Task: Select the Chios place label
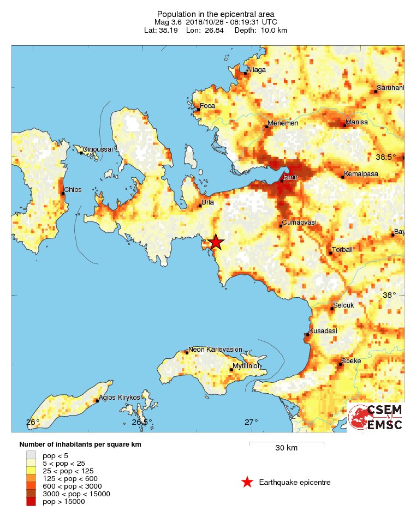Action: coord(73,190)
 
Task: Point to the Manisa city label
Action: coord(357,122)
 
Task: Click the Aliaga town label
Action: coord(257,70)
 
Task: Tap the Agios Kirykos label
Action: coord(120,398)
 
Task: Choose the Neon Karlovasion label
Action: coord(215,349)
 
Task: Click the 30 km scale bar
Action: coord(286,442)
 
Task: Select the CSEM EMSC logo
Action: coord(376,418)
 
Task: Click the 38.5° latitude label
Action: coord(386,157)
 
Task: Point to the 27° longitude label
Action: coord(251,422)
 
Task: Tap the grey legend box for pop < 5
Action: coord(31,455)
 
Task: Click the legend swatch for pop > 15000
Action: coord(31,501)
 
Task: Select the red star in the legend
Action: coord(247,482)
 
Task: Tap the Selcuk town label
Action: coord(343,305)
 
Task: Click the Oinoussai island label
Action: coord(98,149)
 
